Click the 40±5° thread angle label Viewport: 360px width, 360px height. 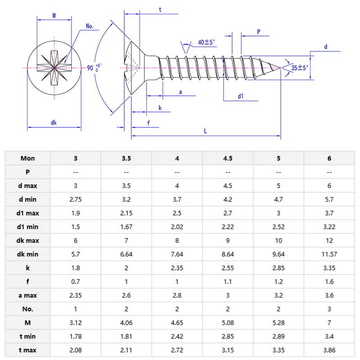[207, 42]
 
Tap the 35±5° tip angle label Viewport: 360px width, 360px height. [300, 68]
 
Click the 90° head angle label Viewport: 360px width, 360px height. [94, 68]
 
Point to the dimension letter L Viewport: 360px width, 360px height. [205, 130]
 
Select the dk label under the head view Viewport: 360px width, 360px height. [54, 122]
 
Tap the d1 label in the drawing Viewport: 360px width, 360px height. [241, 96]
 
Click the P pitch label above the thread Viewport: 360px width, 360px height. [258, 31]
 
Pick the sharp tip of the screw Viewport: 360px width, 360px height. [281, 68]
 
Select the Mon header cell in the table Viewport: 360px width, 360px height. [27, 158]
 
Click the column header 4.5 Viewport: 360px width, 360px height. [228, 158]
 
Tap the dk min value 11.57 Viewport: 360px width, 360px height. [329, 254]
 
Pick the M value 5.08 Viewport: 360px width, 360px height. [228, 322]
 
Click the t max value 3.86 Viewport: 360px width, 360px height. [329, 350]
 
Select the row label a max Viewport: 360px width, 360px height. [27, 295]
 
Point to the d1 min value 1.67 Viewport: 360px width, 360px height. [126, 226]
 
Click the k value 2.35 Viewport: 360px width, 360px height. [177, 267]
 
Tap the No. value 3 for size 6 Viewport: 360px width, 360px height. [329, 309]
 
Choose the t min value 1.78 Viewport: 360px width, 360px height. [76, 336]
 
